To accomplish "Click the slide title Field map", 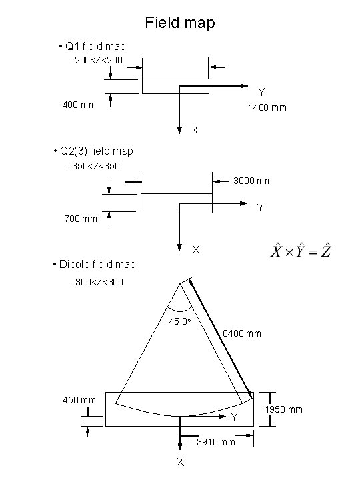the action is [x=180, y=23].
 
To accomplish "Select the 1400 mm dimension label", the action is [x=267, y=107].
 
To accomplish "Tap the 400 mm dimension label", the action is [x=79, y=105].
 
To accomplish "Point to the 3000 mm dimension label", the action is [x=253, y=181].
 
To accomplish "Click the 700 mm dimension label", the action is [x=81, y=219].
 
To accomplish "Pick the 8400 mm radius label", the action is [x=242, y=333].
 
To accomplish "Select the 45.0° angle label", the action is [x=180, y=321].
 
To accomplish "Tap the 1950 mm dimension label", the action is [x=284, y=409].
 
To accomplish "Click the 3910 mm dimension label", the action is [x=216, y=442].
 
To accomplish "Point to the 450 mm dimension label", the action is [x=79, y=400].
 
